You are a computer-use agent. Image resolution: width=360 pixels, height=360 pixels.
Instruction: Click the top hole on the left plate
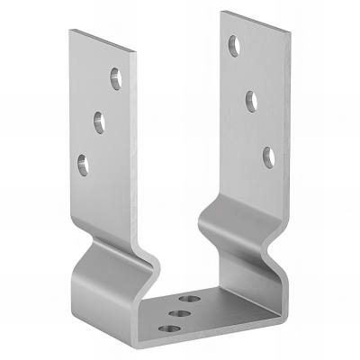tap(116, 79)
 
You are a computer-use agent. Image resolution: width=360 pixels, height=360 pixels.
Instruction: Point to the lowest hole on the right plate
tap(268, 155)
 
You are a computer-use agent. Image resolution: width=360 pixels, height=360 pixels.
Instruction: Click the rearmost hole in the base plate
tap(190, 296)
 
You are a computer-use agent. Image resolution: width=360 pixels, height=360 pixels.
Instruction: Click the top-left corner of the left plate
tap(69, 30)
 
